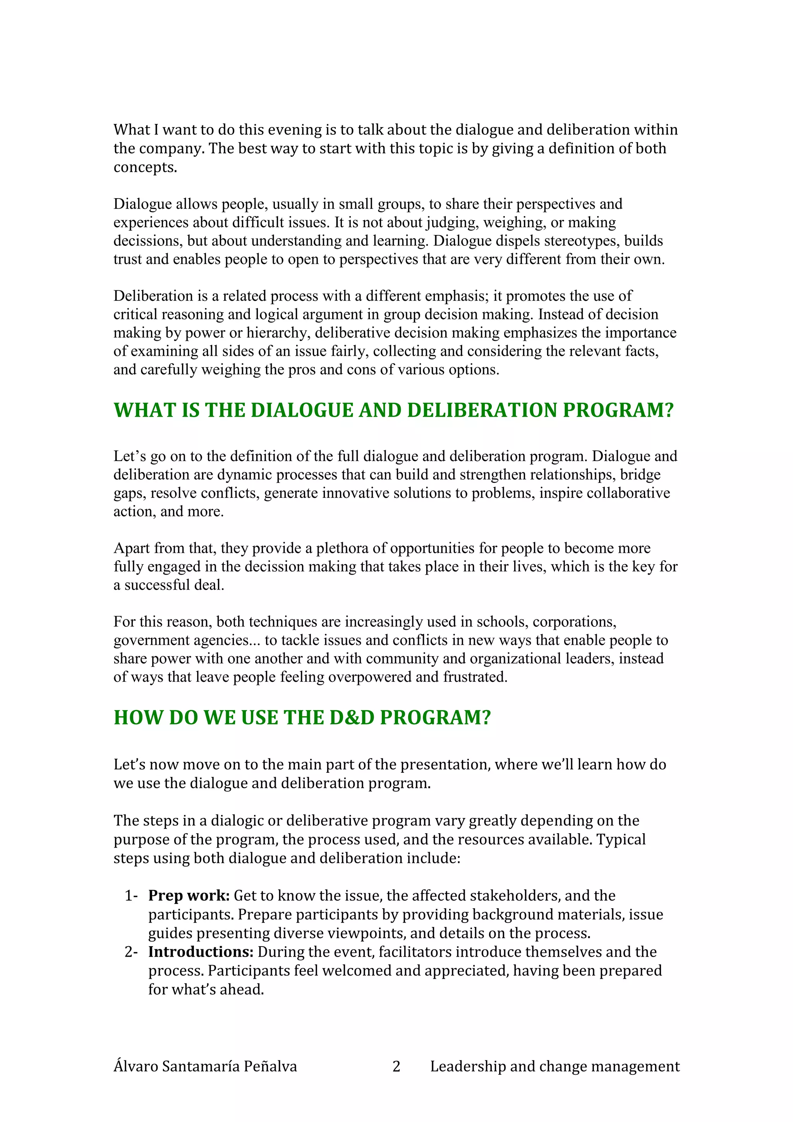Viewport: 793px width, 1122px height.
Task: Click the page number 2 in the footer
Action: tap(396, 1066)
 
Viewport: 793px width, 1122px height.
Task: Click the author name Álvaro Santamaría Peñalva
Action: tap(205, 1066)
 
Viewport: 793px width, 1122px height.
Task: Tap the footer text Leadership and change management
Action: tap(554, 1066)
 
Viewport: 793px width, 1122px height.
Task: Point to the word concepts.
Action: tap(145, 168)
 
